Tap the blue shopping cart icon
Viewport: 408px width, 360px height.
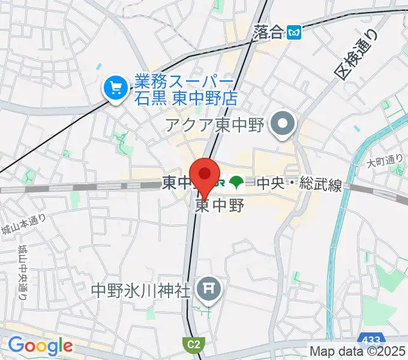[113, 89]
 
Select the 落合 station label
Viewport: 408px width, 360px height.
[268, 32]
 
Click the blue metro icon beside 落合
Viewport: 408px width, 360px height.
[294, 32]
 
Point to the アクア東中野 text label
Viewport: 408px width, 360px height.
[215, 126]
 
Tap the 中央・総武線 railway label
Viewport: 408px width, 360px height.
[299, 184]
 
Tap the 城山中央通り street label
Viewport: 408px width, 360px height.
[22, 272]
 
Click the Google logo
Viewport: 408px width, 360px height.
[40, 346]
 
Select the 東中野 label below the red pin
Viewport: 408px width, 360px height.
[220, 206]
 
